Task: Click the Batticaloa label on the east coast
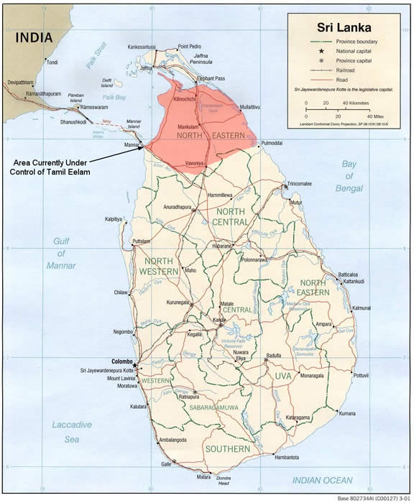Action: point(353,274)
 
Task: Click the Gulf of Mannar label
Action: point(62,254)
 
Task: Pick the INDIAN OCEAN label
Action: point(323,479)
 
